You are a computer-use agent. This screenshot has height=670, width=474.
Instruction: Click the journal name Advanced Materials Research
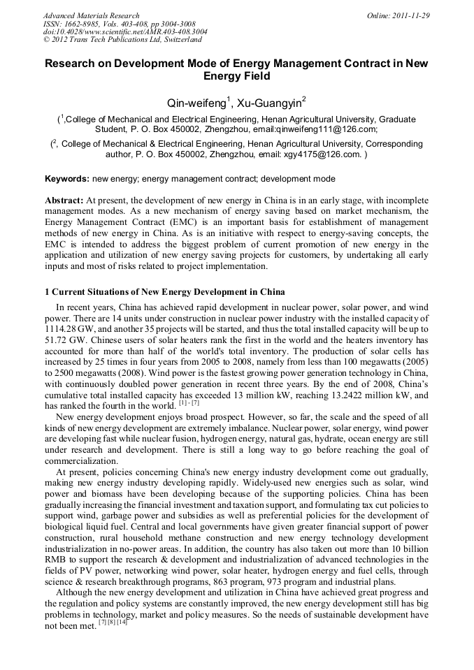pos(91,15)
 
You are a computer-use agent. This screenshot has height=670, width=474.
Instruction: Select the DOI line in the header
pos(124,31)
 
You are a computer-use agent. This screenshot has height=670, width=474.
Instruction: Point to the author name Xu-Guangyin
pos(268,103)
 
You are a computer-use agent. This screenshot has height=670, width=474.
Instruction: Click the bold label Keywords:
pos(67,179)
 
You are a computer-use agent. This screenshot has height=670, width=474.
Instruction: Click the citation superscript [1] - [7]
pos(189,403)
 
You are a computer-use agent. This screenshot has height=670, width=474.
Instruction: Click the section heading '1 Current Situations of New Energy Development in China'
pos(164,291)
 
